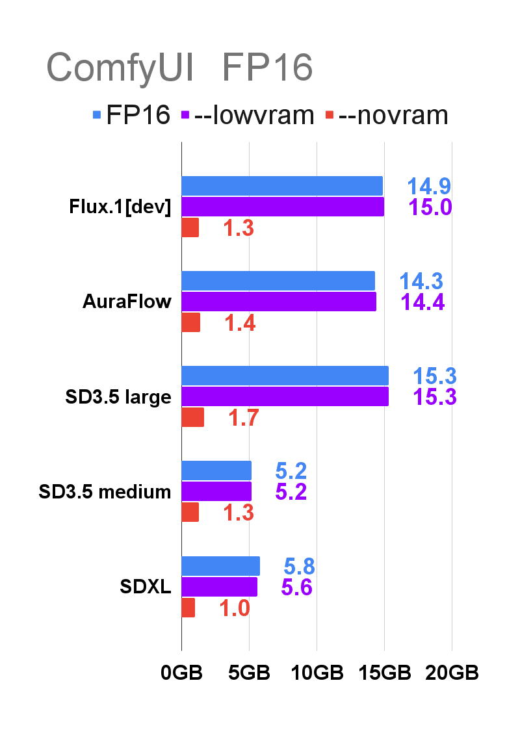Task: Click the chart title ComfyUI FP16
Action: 179,68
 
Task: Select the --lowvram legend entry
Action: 250,115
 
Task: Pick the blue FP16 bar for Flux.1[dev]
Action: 281,186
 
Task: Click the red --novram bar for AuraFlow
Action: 190,322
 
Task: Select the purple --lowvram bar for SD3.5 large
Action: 285,396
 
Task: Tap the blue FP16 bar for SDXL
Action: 220,566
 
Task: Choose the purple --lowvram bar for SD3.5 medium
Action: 216,491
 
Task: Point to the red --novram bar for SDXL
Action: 188,608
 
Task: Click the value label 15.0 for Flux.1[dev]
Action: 430,207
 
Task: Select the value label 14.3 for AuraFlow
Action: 421,281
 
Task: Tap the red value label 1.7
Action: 244,418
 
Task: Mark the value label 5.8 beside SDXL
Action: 300,567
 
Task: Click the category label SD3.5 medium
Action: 105,492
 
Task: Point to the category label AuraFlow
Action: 127,302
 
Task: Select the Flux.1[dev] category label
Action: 120,207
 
